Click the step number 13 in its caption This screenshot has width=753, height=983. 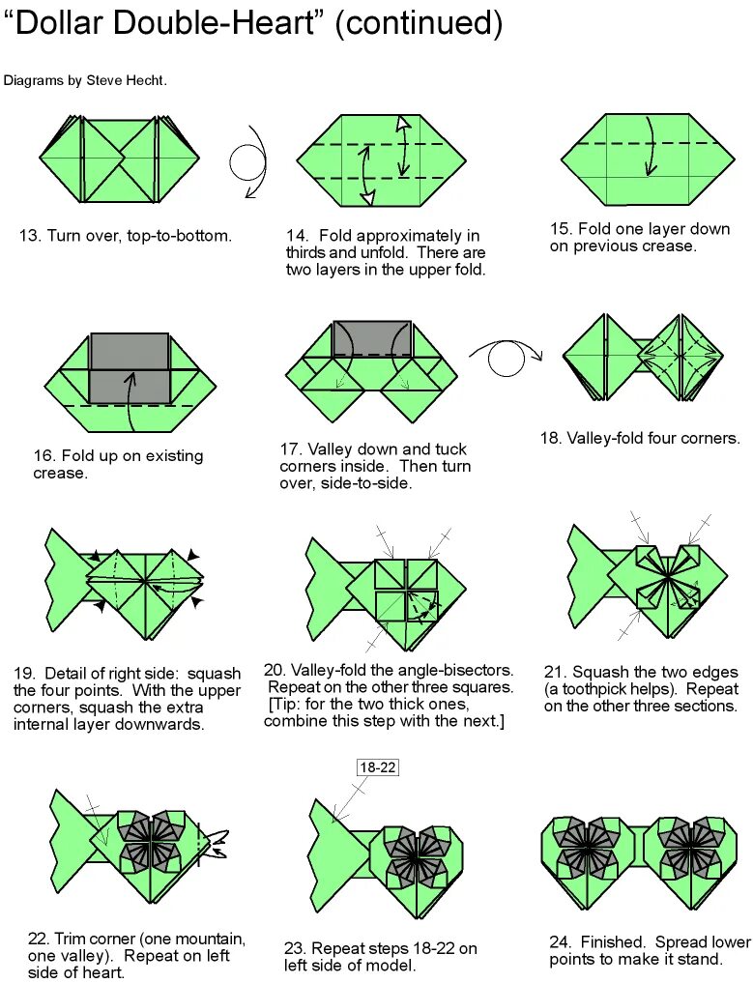tap(30, 236)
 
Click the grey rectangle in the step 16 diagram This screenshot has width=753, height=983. tap(130, 367)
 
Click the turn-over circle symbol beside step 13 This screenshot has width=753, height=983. tap(248, 160)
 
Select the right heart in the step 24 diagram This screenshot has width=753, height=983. tap(689, 855)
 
